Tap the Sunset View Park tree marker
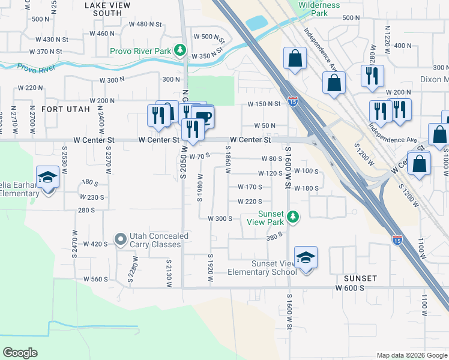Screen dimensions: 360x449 pos(292,217)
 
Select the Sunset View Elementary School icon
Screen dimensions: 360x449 pos(306,259)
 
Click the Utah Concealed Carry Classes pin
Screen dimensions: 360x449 pos(121,240)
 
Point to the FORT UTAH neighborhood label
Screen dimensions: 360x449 pos(66,110)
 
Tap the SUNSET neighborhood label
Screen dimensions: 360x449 pos(360,278)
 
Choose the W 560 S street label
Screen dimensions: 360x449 pos(95,280)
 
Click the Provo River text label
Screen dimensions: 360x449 pos(37,68)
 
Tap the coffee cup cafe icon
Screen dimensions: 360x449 pos(204,117)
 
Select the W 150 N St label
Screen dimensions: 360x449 pos(265,104)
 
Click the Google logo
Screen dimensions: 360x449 pos(20,353)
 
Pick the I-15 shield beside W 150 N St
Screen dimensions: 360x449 pos(293,102)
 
